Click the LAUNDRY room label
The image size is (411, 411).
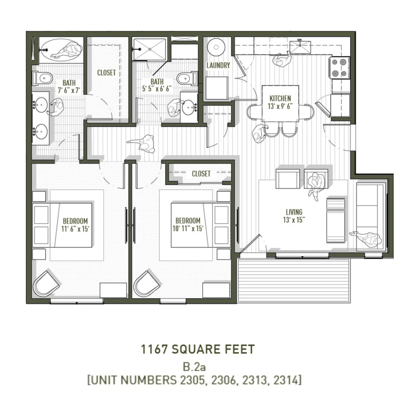pyautogui.click(x=218, y=65)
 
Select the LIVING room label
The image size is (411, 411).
pyautogui.click(x=294, y=212)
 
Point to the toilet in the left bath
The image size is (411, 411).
pyautogui.click(x=43, y=77)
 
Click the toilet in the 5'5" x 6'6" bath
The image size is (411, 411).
pyautogui.click(x=187, y=78)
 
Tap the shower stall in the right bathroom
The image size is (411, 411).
pyautogui.click(x=149, y=49)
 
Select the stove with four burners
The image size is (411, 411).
pyautogui.click(x=340, y=68)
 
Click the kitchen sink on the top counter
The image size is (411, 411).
pyautogui.click(x=300, y=47)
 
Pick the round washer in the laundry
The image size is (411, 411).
pyautogui.click(x=215, y=47)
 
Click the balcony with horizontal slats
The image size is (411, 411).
pyautogui.click(x=294, y=280)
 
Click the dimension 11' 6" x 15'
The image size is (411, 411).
pyautogui.click(x=75, y=228)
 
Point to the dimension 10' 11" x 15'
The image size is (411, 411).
pyautogui.click(x=187, y=228)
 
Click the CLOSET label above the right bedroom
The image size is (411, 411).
pyautogui.click(x=201, y=174)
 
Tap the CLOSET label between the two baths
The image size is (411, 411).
pyautogui.click(x=107, y=73)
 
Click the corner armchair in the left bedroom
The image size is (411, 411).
pyautogui.click(x=45, y=283)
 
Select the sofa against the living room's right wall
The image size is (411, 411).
pyautogui.click(x=371, y=216)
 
